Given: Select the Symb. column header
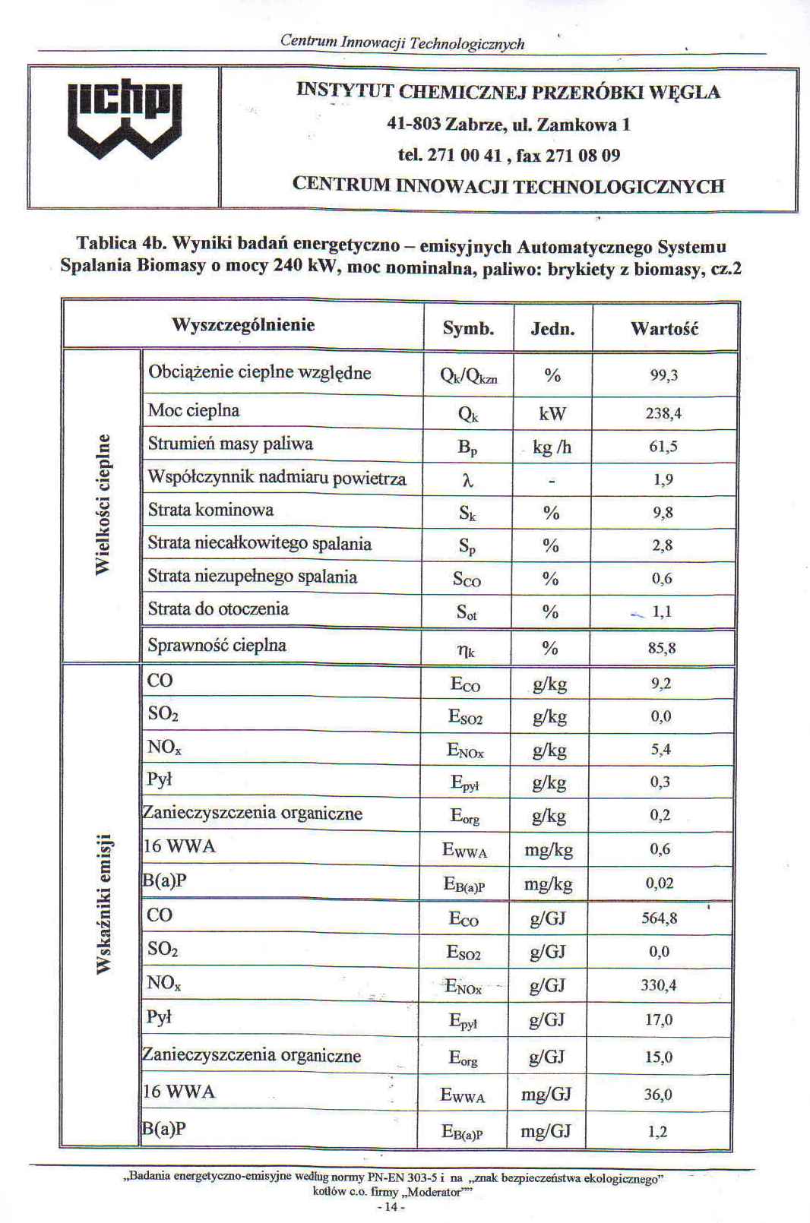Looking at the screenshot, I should coord(468,329).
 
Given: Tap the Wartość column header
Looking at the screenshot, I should coord(664,329).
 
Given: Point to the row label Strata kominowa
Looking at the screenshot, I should coord(210,510).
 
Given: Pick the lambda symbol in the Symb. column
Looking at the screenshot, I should coord(468,481).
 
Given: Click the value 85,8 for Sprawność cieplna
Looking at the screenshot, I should coord(662,649).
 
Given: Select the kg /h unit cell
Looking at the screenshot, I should coord(552,447).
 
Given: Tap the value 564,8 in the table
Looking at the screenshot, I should coord(659,918).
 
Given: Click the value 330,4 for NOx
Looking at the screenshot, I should coord(659,986).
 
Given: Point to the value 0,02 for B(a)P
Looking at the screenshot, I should coord(660,883).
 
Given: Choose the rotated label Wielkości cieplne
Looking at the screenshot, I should coord(103,505).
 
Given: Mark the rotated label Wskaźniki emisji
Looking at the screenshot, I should coord(103,903).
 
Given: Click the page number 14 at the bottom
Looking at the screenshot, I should coord(391,1207).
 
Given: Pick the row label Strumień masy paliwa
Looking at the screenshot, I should coord(230,444).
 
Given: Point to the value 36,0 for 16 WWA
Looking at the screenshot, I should coord(658,1095).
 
